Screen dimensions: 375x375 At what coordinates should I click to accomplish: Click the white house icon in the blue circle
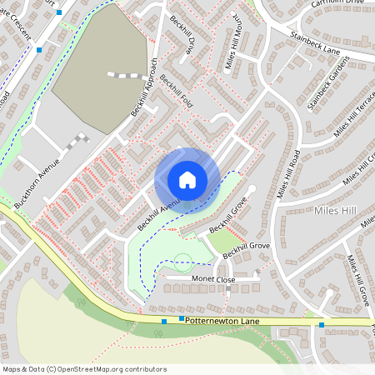[x=187, y=180]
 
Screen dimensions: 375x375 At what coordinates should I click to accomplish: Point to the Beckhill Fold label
[x=177, y=96]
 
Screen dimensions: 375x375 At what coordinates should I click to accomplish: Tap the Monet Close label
[x=215, y=279]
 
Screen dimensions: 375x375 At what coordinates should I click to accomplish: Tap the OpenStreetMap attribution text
[x=85, y=369]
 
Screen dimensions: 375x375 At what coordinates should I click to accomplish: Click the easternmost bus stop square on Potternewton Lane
[x=322, y=324]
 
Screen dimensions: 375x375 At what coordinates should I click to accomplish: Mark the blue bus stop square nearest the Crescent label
[x=39, y=49]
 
